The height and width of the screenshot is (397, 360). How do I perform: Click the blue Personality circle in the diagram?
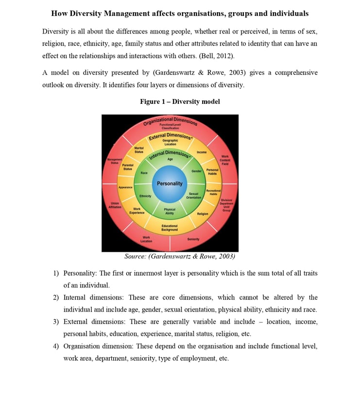point(170,183)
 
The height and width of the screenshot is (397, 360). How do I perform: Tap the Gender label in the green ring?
point(196,171)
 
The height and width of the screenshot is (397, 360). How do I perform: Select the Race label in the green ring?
point(144,173)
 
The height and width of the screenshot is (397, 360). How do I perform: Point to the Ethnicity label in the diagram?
point(145,196)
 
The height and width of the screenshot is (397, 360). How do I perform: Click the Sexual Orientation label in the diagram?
point(193,196)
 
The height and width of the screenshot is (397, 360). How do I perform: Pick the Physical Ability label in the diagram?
point(170,212)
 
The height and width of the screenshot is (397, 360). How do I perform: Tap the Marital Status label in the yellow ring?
point(139,150)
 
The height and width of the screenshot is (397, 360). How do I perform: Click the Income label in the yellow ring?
point(202,152)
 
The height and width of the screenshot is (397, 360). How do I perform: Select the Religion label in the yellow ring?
point(203,214)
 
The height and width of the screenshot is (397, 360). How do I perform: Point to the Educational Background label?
point(170,228)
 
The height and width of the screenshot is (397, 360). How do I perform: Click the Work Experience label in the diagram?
point(137,211)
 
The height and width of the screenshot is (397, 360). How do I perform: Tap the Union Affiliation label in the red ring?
point(115,205)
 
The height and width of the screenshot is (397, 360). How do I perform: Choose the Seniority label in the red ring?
point(193,239)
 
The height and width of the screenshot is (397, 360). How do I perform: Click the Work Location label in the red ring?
point(146,239)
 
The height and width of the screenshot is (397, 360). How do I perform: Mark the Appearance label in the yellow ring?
point(126,187)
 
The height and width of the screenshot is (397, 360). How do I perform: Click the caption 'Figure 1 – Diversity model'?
point(180,101)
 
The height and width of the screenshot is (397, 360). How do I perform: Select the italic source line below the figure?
point(180,256)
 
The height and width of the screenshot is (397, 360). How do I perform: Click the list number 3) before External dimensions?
point(56,322)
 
